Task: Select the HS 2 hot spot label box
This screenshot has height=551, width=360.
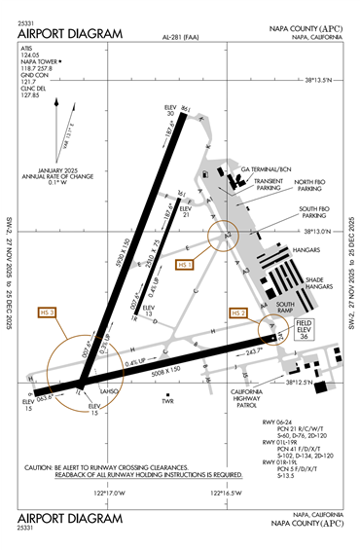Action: [x=237, y=312]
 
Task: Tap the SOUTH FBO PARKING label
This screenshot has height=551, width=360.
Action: [x=313, y=211]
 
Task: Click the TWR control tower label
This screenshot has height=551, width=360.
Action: [x=166, y=399]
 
